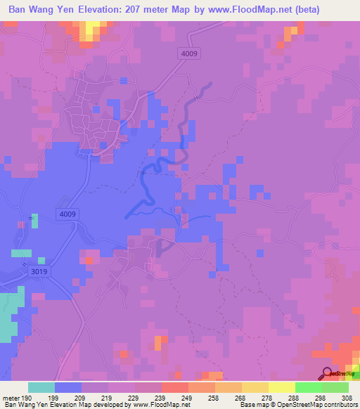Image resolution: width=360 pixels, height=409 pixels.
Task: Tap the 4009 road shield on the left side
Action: pyautogui.click(x=67, y=214)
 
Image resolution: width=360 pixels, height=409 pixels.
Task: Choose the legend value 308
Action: pyautogui.click(x=347, y=397)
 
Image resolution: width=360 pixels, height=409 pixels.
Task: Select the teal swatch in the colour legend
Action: pyautogui.click(x=41, y=387)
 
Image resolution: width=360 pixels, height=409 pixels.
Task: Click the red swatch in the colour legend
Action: pyautogui.click(x=175, y=387)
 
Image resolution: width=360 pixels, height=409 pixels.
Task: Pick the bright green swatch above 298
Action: pyautogui.click(x=309, y=387)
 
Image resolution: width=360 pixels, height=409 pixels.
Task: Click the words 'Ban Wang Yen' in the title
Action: pyautogui.click(x=42, y=10)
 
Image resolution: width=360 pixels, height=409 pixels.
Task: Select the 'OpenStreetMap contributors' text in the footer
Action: pyautogui.click(x=321, y=405)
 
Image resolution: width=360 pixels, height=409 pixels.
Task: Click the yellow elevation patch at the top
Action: pyautogui.click(x=91, y=29)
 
